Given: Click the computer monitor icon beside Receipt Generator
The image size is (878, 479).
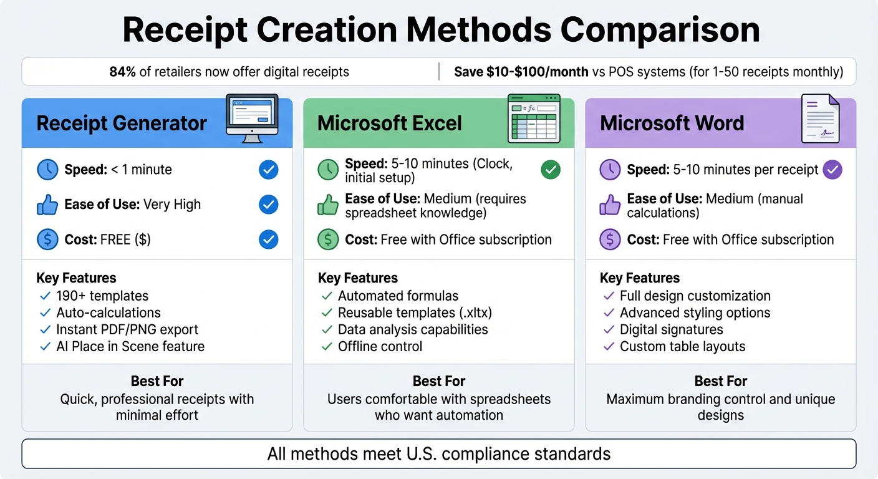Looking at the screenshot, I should pyautogui.click(x=252, y=119).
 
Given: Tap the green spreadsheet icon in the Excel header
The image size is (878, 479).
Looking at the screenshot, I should pyautogui.click(x=534, y=119).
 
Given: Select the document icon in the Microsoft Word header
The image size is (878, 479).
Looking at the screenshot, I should pyautogui.click(x=819, y=119).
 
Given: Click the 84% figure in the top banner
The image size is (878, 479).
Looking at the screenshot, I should pyautogui.click(x=122, y=72).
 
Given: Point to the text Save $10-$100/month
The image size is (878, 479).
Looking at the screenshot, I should pyautogui.click(x=521, y=72).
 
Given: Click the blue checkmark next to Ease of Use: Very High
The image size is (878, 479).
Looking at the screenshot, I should pyautogui.click(x=268, y=205).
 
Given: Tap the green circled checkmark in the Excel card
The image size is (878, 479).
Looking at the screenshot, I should pyautogui.click(x=551, y=170).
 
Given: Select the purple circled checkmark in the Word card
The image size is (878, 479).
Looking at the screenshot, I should pyautogui.click(x=832, y=170).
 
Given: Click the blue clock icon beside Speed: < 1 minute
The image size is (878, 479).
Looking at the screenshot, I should pyautogui.click(x=47, y=170).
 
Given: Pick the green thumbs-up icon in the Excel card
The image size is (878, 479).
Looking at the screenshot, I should pyautogui.click(x=329, y=205).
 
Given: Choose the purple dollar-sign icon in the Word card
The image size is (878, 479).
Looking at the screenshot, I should pyautogui.click(x=610, y=239).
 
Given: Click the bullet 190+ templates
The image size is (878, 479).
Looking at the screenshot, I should pyautogui.click(x=102, y=296).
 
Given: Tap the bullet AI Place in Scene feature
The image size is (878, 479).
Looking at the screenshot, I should pyautogui.click(x=130, y=346).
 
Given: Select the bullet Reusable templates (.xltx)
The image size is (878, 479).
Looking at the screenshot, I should pyautogui.click(x=415, y=312).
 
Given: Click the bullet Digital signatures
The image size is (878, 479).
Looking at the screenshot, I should pyautogui.click(x=671, y=329).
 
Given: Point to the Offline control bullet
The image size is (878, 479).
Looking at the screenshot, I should pyautogui.click(x=380, y=346).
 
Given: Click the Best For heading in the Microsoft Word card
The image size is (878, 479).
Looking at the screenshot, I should pyautogui.click(x=720, y=381).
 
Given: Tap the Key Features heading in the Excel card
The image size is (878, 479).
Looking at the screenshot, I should pyautogui.click(x=357, y=278).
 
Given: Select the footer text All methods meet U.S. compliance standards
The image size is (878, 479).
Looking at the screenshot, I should pyautogui.click(x=439, y=453).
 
